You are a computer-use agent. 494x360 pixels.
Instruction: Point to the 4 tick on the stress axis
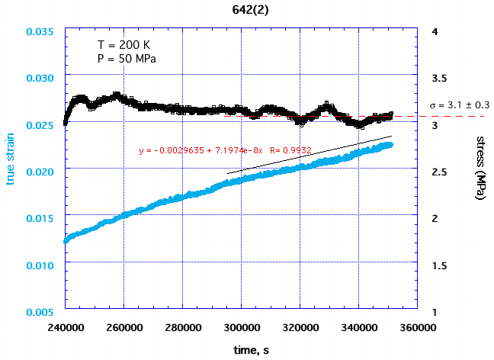(433, 32)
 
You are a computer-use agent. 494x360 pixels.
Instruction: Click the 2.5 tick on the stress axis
(438, 172)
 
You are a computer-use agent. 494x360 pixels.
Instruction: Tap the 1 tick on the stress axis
(433, 312)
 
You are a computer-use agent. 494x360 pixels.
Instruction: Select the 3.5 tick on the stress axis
(438, 79)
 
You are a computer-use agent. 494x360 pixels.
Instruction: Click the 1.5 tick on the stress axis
(438, 265)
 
